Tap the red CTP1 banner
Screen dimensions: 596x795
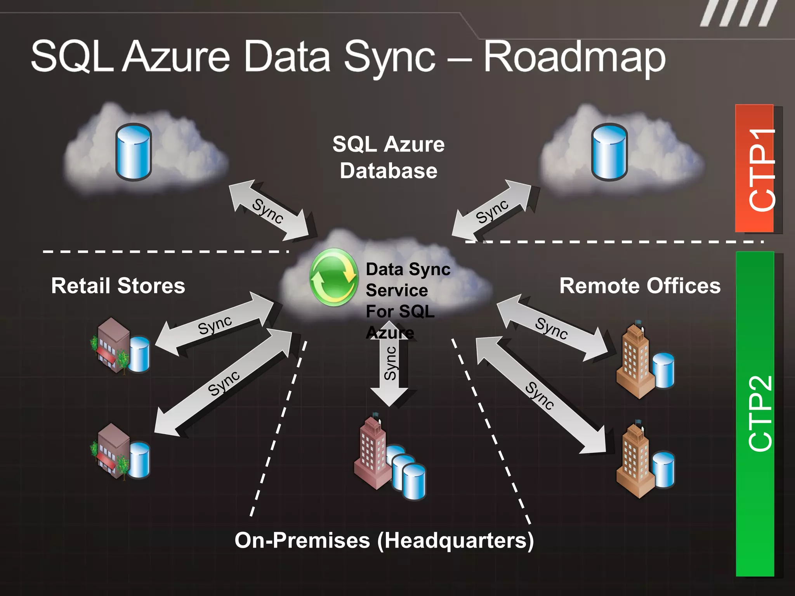coord(755,169)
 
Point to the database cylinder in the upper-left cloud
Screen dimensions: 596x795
coord(133,152)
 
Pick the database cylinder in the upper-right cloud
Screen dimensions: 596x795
coord(609,152)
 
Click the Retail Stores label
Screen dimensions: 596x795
coord(118,286)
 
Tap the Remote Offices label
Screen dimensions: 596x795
coord(640,286)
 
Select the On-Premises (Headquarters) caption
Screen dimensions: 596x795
coord(384,541)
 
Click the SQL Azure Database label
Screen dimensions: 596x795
coord(389,157)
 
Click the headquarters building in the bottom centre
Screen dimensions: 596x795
coord(373,454)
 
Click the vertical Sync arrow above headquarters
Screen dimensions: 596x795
coord(389,363)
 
